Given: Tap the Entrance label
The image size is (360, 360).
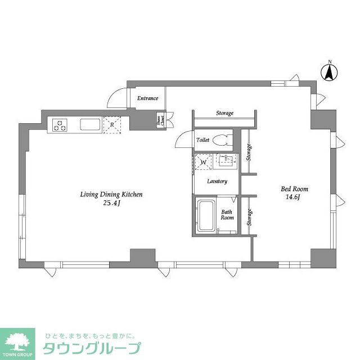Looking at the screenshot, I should (148, 98).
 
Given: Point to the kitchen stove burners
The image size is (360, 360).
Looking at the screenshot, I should (60, 124).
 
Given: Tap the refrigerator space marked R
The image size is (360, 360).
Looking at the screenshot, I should (113, 125).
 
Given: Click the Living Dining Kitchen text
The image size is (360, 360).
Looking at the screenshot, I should (111, 195).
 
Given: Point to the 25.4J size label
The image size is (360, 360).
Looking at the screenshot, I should (111, 204).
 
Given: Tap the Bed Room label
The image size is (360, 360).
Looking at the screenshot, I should (294, 189).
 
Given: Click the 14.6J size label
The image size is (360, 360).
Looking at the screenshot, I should (294, 198).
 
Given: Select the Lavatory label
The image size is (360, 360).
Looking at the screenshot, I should (217, 181).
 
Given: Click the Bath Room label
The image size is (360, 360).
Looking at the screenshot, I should (227, 215).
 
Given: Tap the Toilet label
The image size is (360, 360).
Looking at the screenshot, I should (202, 140).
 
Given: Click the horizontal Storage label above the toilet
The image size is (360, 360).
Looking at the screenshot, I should (224, 114).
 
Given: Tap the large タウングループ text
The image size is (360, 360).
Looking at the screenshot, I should (92, 348).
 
